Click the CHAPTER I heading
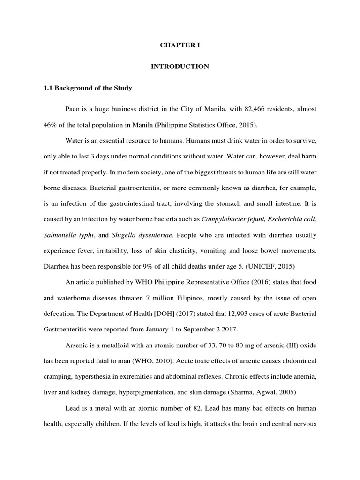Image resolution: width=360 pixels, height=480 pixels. click(x=180, y=45)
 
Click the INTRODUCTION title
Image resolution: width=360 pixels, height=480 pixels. click(x=180, y=67)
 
